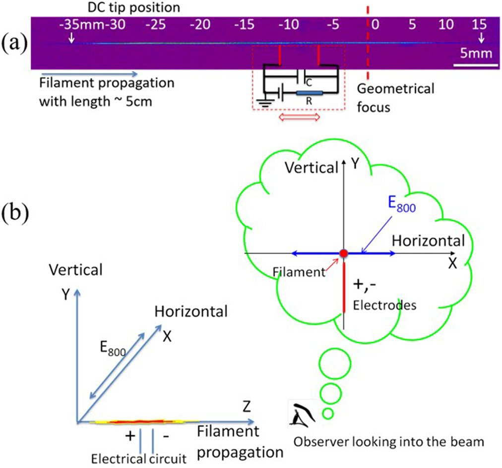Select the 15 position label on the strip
click(479, 24)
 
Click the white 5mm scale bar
click(475, 64)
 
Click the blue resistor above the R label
click(309, 93)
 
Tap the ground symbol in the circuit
click(269, 99)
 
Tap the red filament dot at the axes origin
click(343, 253)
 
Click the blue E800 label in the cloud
click(401, 204)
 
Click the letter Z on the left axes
click(246, 408)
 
